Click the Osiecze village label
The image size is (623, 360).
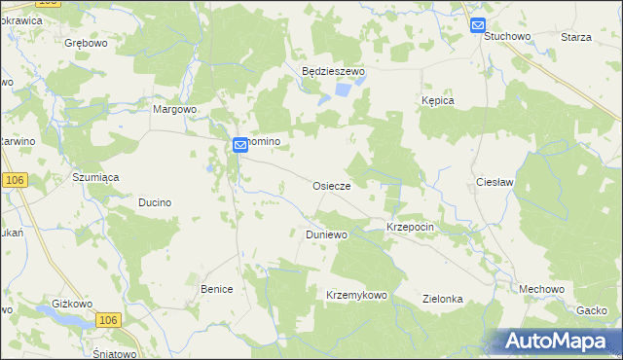[x=338, y=185]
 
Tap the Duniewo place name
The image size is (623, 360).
[x=326, y=235]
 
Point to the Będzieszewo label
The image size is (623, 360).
[x=332, y=72]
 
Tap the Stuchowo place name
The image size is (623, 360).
[x=506, y=36]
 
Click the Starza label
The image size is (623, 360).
[x=576, y=36]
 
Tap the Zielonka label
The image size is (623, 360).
[x=442, y=300]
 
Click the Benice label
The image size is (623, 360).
[x=217, y=289]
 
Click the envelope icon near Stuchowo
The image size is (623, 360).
[x=478, y=26]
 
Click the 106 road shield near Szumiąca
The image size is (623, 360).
[x=14, y=181]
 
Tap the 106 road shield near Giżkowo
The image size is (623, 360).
[x=109, y=320]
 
